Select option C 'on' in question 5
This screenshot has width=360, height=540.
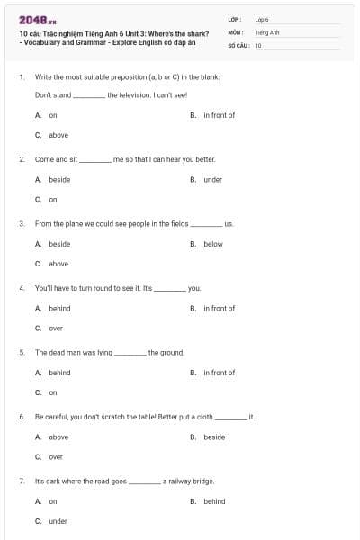53,392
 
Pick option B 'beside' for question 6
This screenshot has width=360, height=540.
214,437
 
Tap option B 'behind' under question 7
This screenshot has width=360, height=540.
214,501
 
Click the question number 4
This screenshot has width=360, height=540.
21,288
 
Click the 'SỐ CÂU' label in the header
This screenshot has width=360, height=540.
238,44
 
